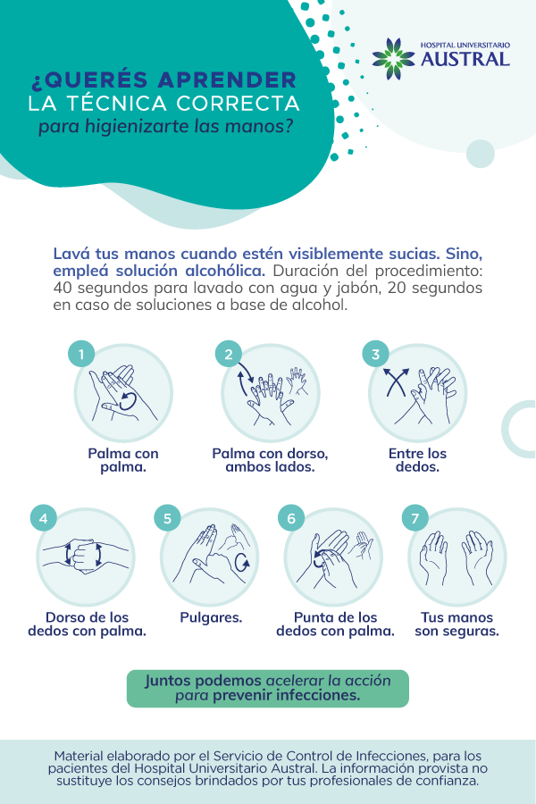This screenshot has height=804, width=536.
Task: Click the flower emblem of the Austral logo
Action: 393,58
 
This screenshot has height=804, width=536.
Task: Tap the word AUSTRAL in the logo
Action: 465,59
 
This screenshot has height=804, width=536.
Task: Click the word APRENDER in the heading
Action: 227,80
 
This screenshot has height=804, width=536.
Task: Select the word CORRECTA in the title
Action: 238,104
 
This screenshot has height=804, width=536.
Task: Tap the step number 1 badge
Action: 81,354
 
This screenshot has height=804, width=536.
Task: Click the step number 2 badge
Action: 229,354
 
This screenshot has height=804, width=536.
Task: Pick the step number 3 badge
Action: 375,354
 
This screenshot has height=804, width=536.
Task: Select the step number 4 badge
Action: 44,518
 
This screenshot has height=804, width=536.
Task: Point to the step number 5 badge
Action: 167,518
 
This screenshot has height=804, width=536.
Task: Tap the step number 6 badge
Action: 291,518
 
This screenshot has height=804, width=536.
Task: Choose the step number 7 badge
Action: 415,518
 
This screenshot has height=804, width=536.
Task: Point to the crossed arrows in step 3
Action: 397,382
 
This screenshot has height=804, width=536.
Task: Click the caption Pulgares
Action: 211,617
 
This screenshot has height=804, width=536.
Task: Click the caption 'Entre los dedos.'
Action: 417,460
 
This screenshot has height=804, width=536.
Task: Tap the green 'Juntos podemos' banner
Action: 268,688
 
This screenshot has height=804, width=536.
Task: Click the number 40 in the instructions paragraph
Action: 63,288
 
